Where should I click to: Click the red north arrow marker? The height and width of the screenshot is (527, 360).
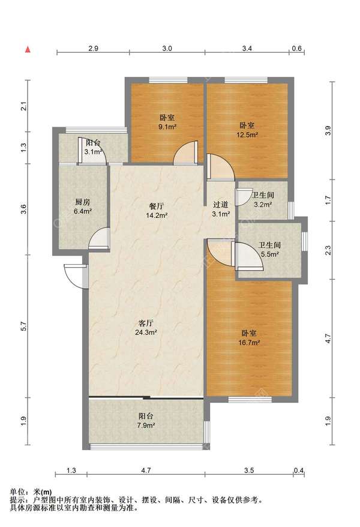pos(28,50)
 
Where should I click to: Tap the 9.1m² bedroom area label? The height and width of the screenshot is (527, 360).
pos(167,127)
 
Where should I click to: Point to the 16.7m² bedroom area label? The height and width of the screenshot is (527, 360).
pos(249,343)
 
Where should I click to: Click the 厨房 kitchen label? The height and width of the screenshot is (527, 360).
pos(83,202)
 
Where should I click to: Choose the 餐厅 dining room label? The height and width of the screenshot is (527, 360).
pos(157,206)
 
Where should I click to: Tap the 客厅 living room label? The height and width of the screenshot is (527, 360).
pos(146,323)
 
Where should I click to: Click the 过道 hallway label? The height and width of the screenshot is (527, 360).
pos(221,204)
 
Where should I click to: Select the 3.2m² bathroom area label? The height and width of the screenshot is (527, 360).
pos(263,204)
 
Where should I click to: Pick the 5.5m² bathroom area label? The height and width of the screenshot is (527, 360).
pos(270,254)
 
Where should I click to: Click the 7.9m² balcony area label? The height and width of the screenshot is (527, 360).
pos(146,425)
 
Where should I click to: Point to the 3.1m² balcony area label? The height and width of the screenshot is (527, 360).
pos(94,152)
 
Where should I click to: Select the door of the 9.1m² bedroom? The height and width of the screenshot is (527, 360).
pos(185,153)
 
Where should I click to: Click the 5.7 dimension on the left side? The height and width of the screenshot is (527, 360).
pos(23,326)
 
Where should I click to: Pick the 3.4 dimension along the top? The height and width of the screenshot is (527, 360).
pos(247,49)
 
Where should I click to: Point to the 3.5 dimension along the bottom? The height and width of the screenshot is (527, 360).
pos(249,470)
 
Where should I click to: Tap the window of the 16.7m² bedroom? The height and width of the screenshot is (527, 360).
pos(250,400)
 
